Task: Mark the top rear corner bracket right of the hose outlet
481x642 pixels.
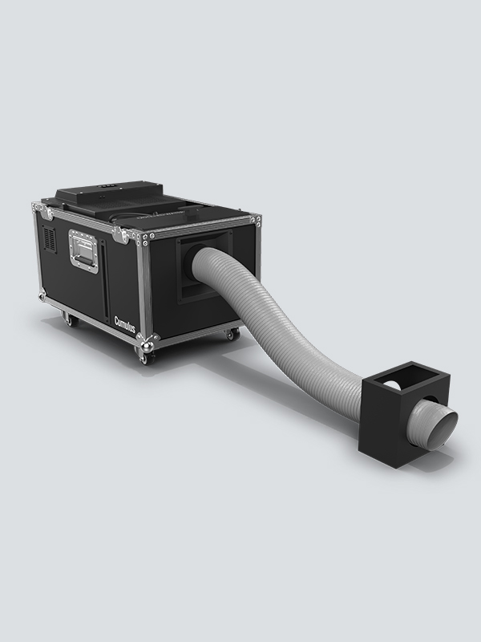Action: click(254, 219)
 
